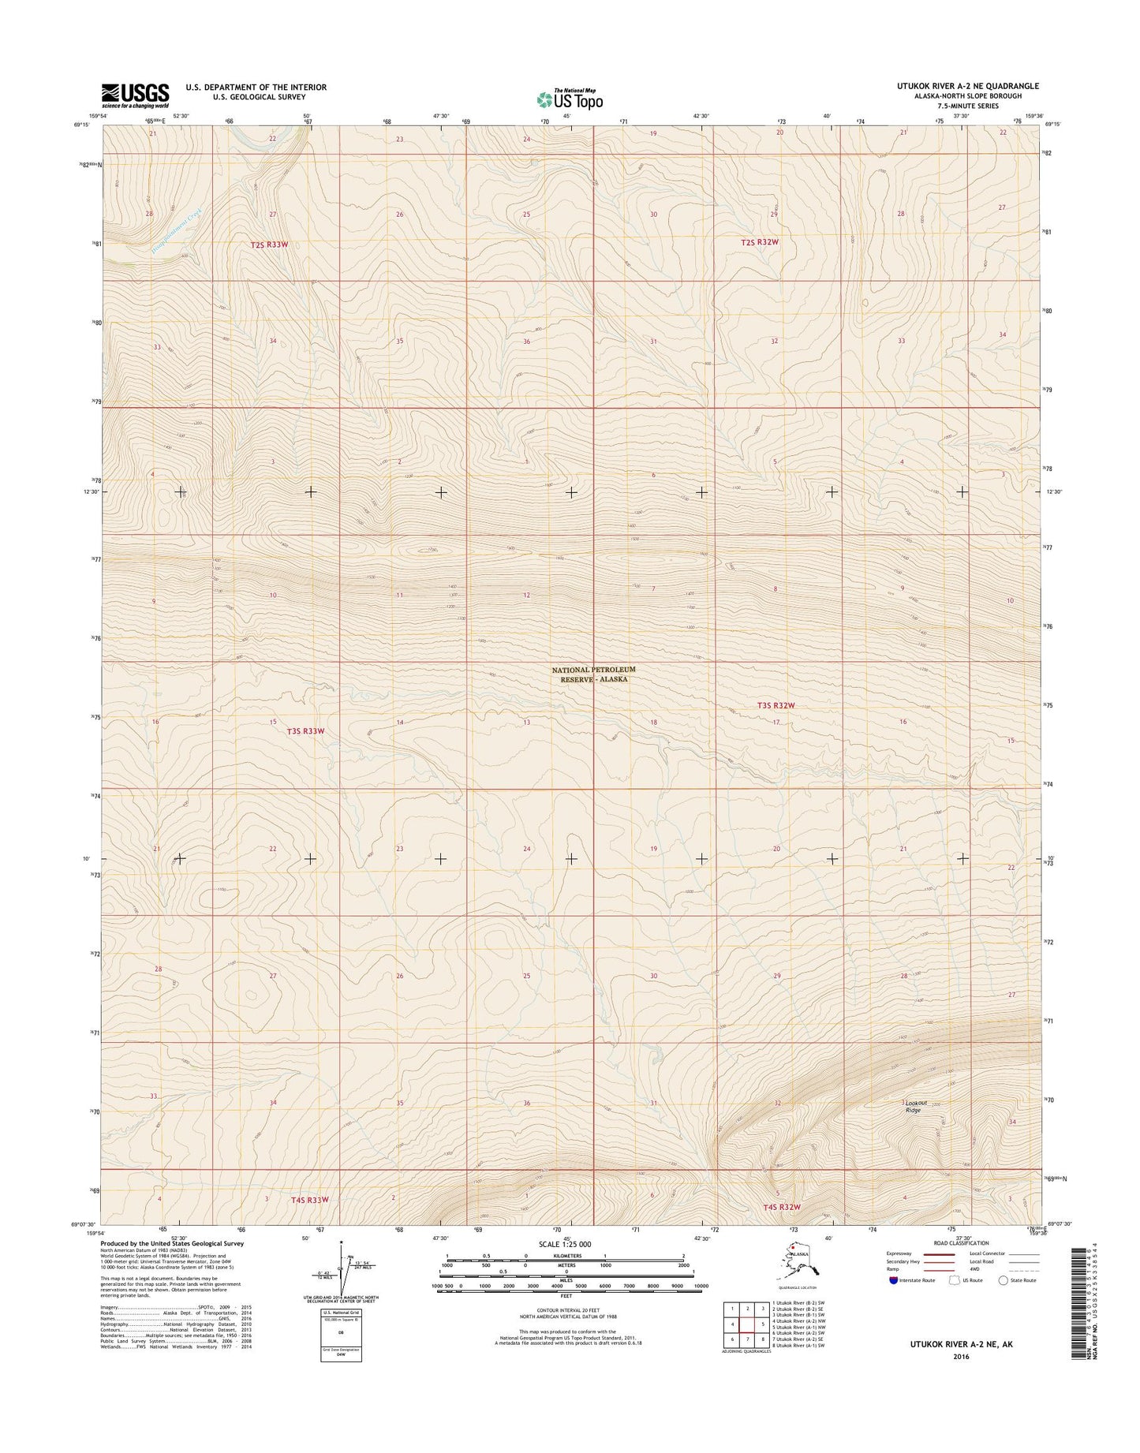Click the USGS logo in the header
click(x=135, y=95)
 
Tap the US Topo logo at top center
click(x=570, y=99)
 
